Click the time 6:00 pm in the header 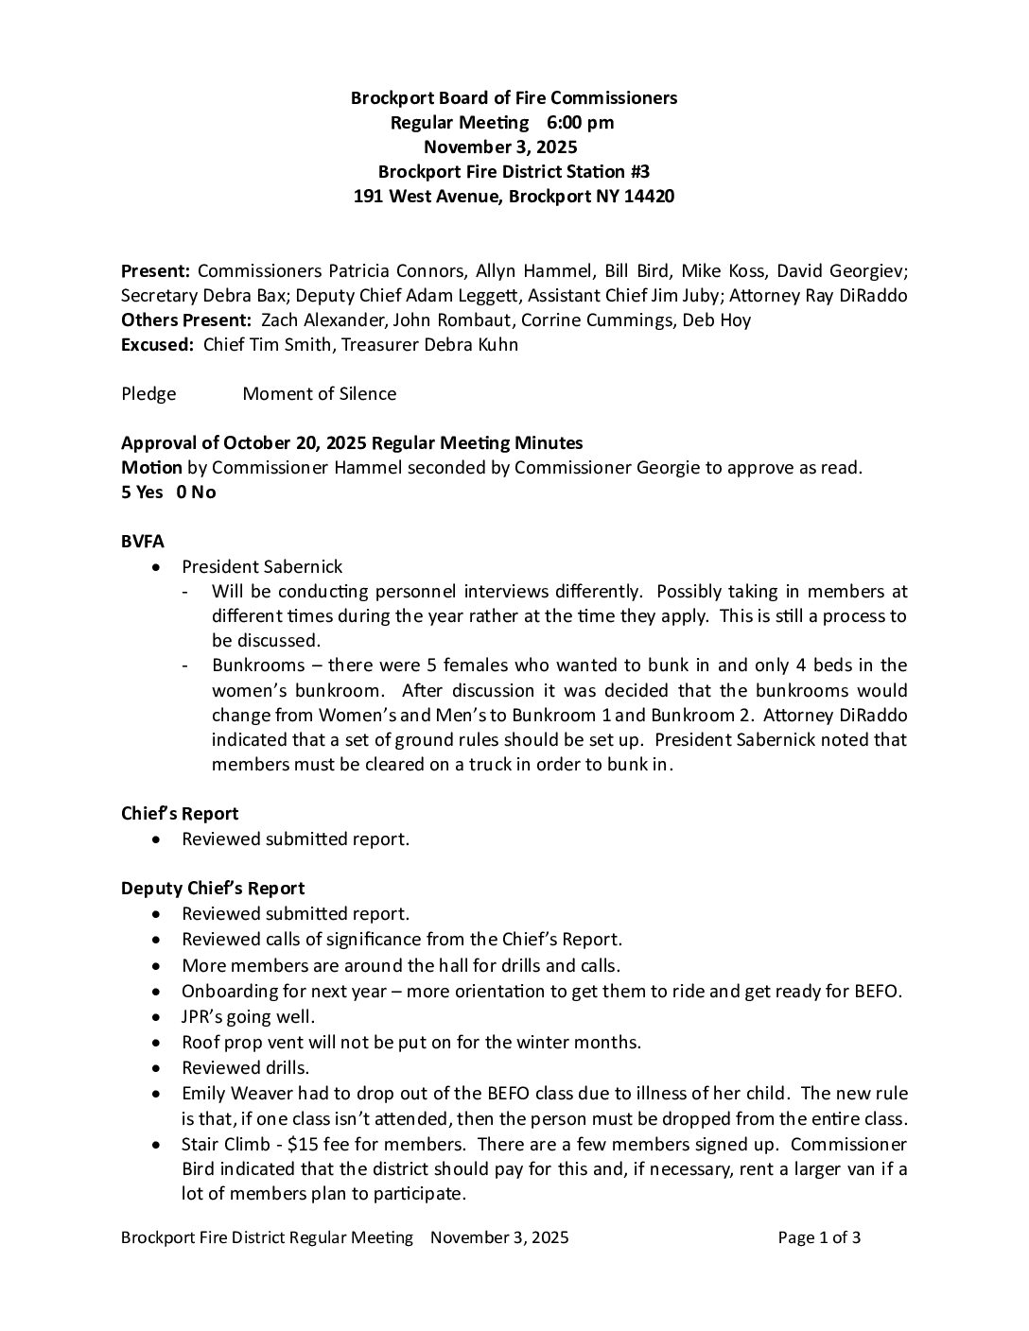tap(580, 122)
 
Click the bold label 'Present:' tap(156, 271)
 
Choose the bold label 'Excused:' tap(157, 345)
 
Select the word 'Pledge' tap(148, 394)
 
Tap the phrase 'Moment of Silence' tap(320, 394)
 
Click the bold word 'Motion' tap(151, 468)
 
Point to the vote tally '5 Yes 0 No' tap(168, 493)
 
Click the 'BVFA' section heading tap(143, 542)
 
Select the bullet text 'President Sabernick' tap(262, 567)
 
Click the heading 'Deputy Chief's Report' tap(213, 889)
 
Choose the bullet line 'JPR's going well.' tap(248, 1017)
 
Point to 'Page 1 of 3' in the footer tap(819, 1238)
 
